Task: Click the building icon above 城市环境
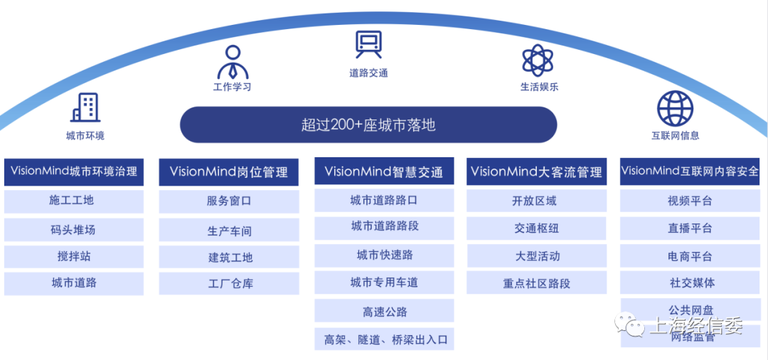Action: [x=85, y=107]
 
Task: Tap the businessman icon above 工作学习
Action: [x=233, y=63]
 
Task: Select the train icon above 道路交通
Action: [x=368, y=45]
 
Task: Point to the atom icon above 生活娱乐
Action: [x=538, y=60]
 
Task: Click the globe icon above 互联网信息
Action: [x=675, y=108]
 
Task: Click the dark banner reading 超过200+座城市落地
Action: [x=368, y=125]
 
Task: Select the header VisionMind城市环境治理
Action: [x=74, y=171]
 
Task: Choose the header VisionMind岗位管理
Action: [x=229, y=171]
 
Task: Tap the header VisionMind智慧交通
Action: [x=384, y=171]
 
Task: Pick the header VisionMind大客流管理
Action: [x=537, y=171]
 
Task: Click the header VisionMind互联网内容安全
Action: [x=690, y=171]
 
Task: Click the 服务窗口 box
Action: [x=229, y=201]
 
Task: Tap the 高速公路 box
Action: [x=384, y=311]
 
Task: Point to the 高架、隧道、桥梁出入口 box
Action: [x=384, y=339]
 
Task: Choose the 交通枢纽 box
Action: [x=537, y=228]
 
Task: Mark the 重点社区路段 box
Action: [x=537, y=283]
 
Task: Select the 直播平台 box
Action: [x=690, y=228]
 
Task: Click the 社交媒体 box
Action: [x=690, y=282]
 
